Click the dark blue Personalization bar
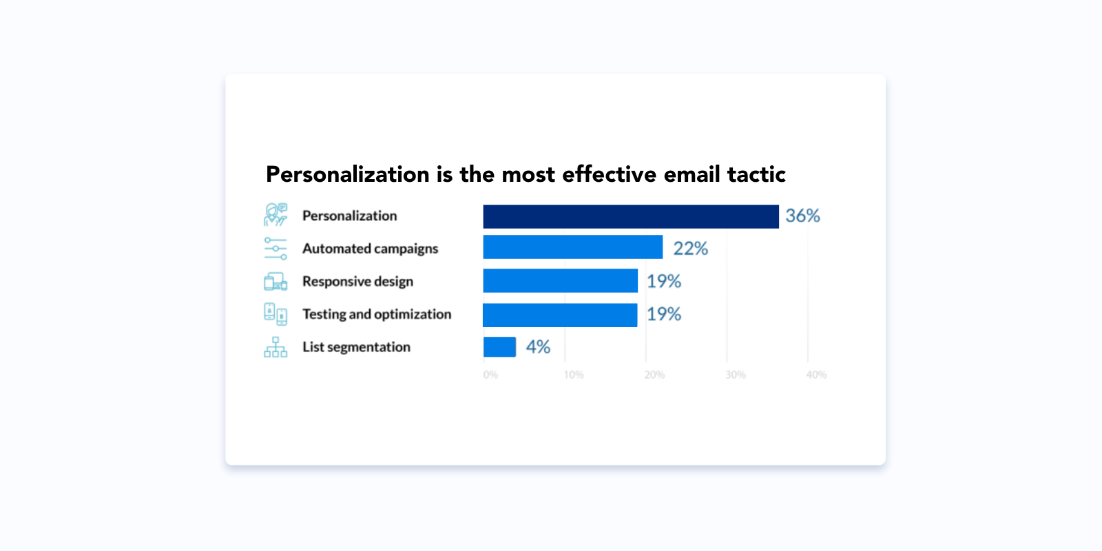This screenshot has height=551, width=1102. click(630, 216)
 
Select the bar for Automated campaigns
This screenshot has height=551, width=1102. click(572, 247)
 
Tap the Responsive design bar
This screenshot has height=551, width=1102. click(560, 280)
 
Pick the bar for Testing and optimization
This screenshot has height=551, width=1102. click(560, 315)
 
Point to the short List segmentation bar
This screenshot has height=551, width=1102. click(499, 347)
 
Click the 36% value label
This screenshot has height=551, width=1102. click(802, 216)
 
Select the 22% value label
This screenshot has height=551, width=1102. click(690, 249)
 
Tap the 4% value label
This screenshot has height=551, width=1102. click(538, 347)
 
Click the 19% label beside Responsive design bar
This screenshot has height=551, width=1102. click(663, 281)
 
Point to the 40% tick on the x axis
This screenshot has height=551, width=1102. click(816, 375)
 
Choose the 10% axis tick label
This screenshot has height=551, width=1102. click(574, 375)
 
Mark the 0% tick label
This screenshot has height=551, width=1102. click(490, 375)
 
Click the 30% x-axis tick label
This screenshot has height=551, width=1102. click(736, 375)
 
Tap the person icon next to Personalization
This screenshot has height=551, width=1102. click(275, 215)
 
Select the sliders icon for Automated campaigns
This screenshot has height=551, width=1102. click(275, 248)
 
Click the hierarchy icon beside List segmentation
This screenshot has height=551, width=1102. click(275, 347)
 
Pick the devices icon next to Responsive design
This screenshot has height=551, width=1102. click(275, 281)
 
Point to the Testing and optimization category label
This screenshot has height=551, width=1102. click(377, 314)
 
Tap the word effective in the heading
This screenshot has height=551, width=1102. click(609, 174)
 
